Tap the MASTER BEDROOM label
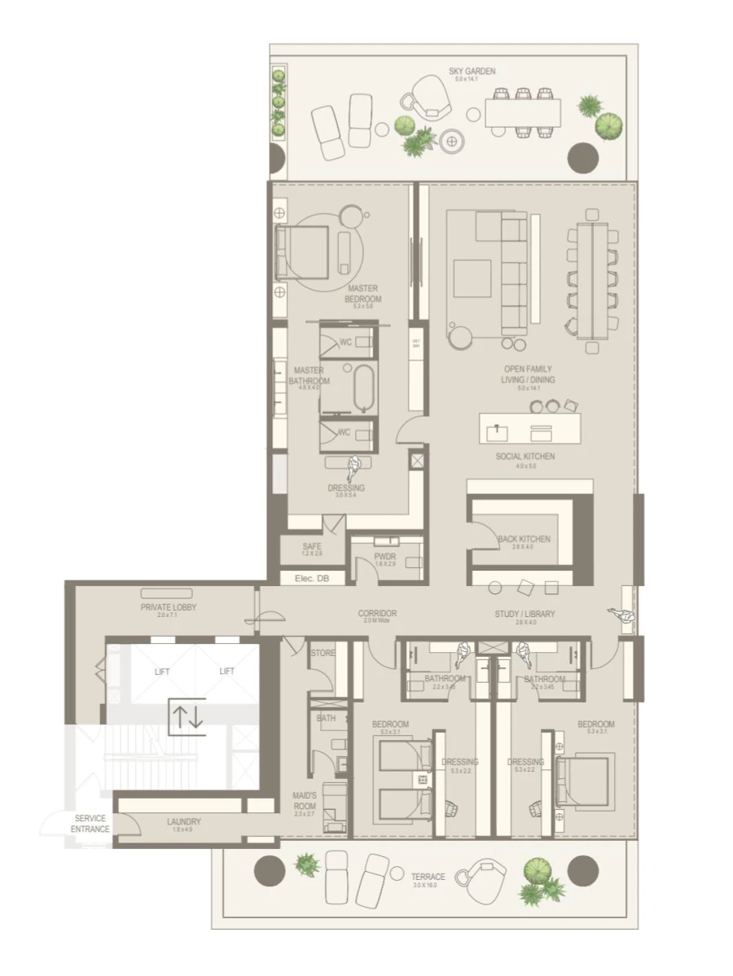tap(362, 293)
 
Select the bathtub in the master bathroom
tap(363, 387)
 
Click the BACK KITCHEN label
tap(524, 539)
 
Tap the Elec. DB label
tap(312, 579)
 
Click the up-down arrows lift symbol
tap(187, 716)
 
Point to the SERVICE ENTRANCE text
tap(90, 824)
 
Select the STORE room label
tap(323, 653)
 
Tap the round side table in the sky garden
tap(452, 140)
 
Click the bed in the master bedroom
tap(303, 252)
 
